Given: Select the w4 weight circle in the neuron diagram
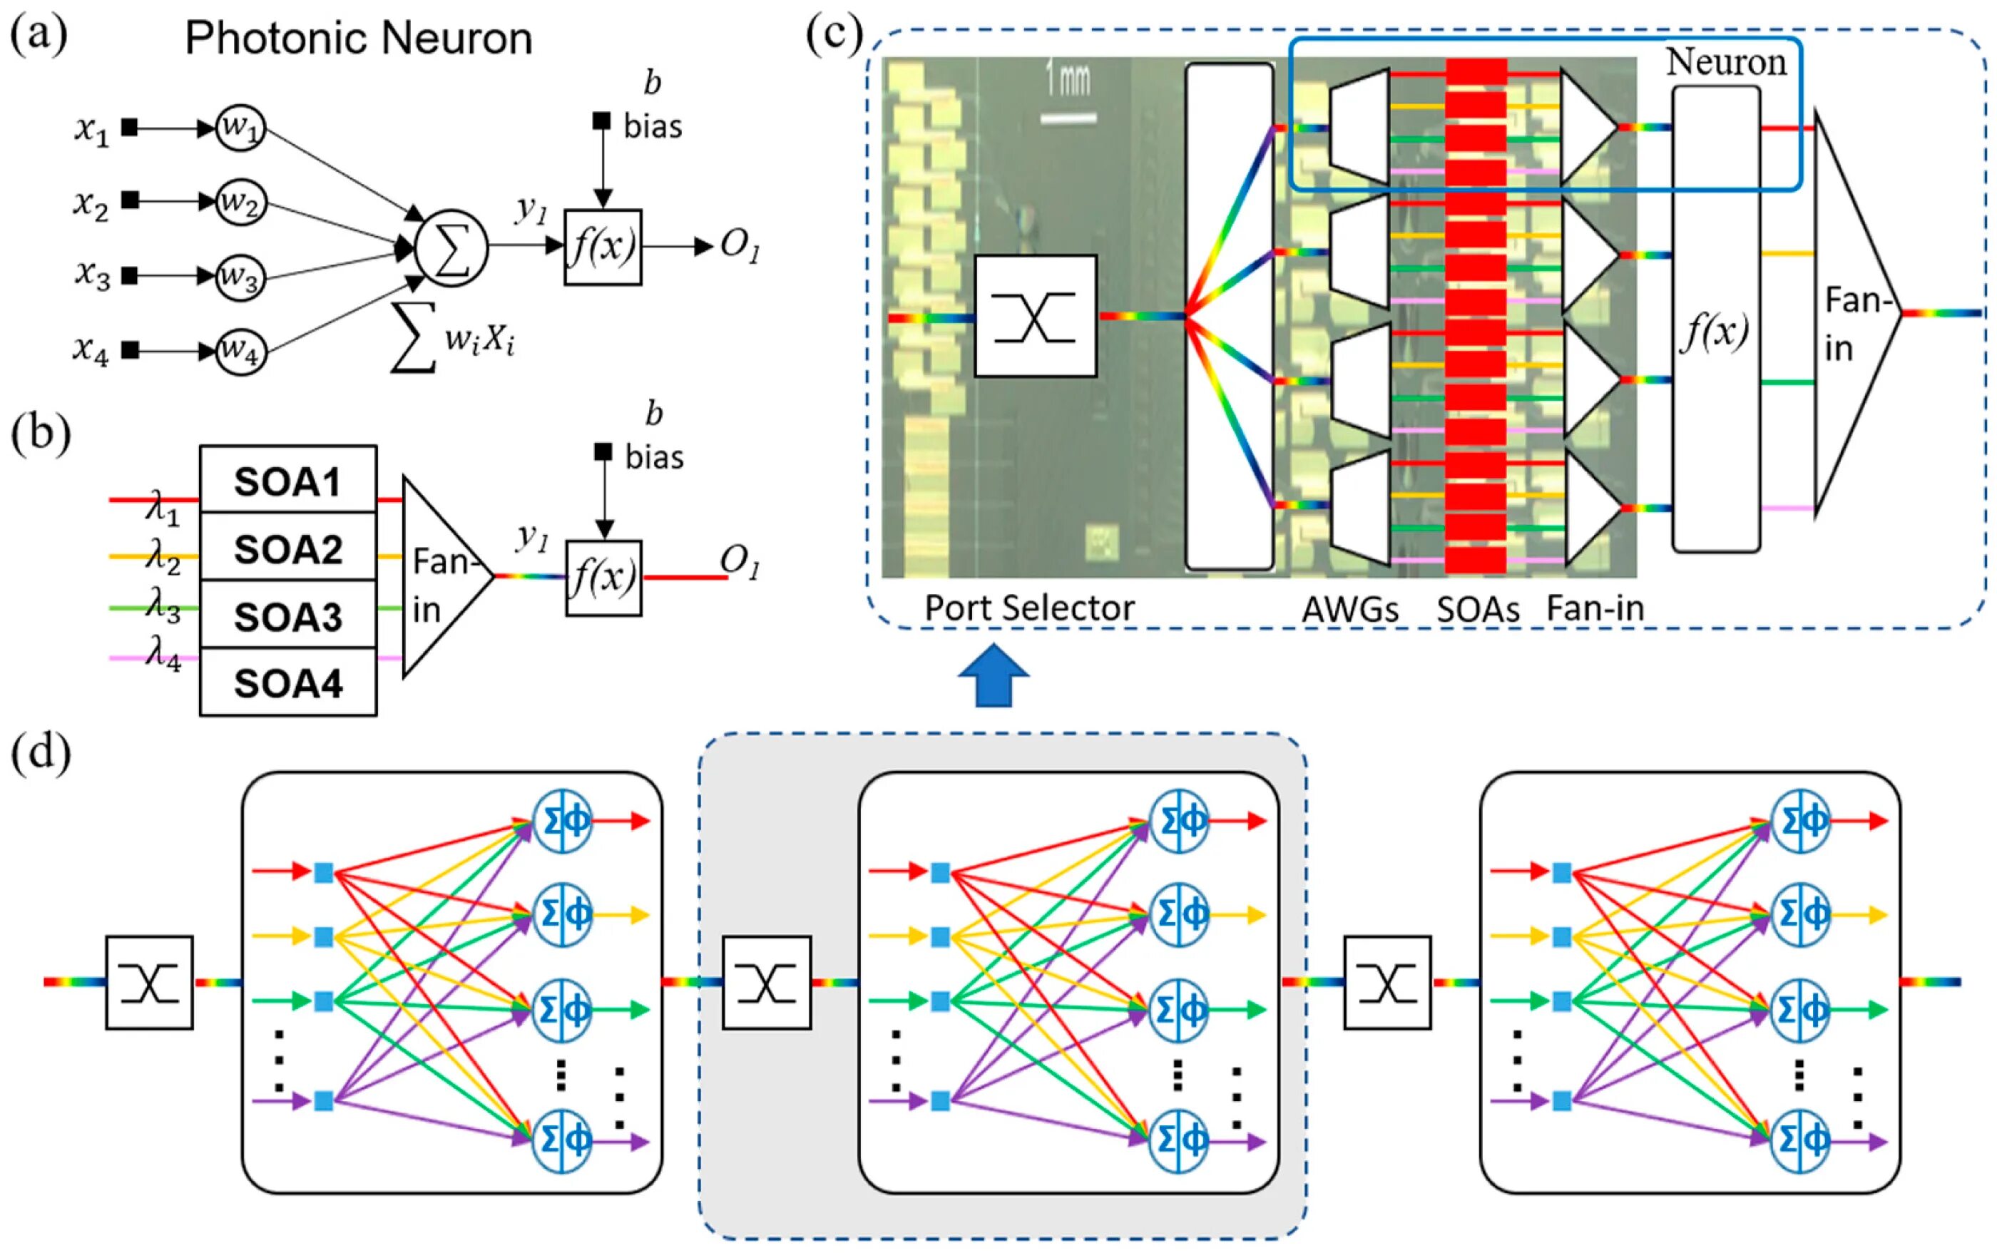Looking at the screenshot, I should (x=240, y=352).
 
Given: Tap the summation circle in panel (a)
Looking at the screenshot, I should (x=451, y=246).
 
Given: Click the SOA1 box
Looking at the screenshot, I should (x=287, y=481).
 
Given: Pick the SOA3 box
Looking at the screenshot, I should (x=287, y=615).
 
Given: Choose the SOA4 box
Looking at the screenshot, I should (x=287, y=683).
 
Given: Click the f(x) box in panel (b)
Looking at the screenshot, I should (x=603, y=578).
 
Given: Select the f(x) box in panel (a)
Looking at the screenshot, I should (x=603, y=247).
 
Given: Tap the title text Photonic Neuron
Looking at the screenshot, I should (x=358, y=39).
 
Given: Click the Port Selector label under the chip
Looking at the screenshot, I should (x=1029, y=608).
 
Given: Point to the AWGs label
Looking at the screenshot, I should (x=1350, y=610).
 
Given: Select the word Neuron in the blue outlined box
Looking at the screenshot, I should (x=1726, y=62).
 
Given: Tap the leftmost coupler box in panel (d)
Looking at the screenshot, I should (x=149, y=983).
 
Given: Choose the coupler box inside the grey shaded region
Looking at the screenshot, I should (x=767, y=983).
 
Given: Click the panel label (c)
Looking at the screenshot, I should (x=834, y=35).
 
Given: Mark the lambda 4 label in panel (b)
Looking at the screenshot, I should (x=163, y=654).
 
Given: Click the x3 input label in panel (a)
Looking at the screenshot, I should (x=92, y=275).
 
